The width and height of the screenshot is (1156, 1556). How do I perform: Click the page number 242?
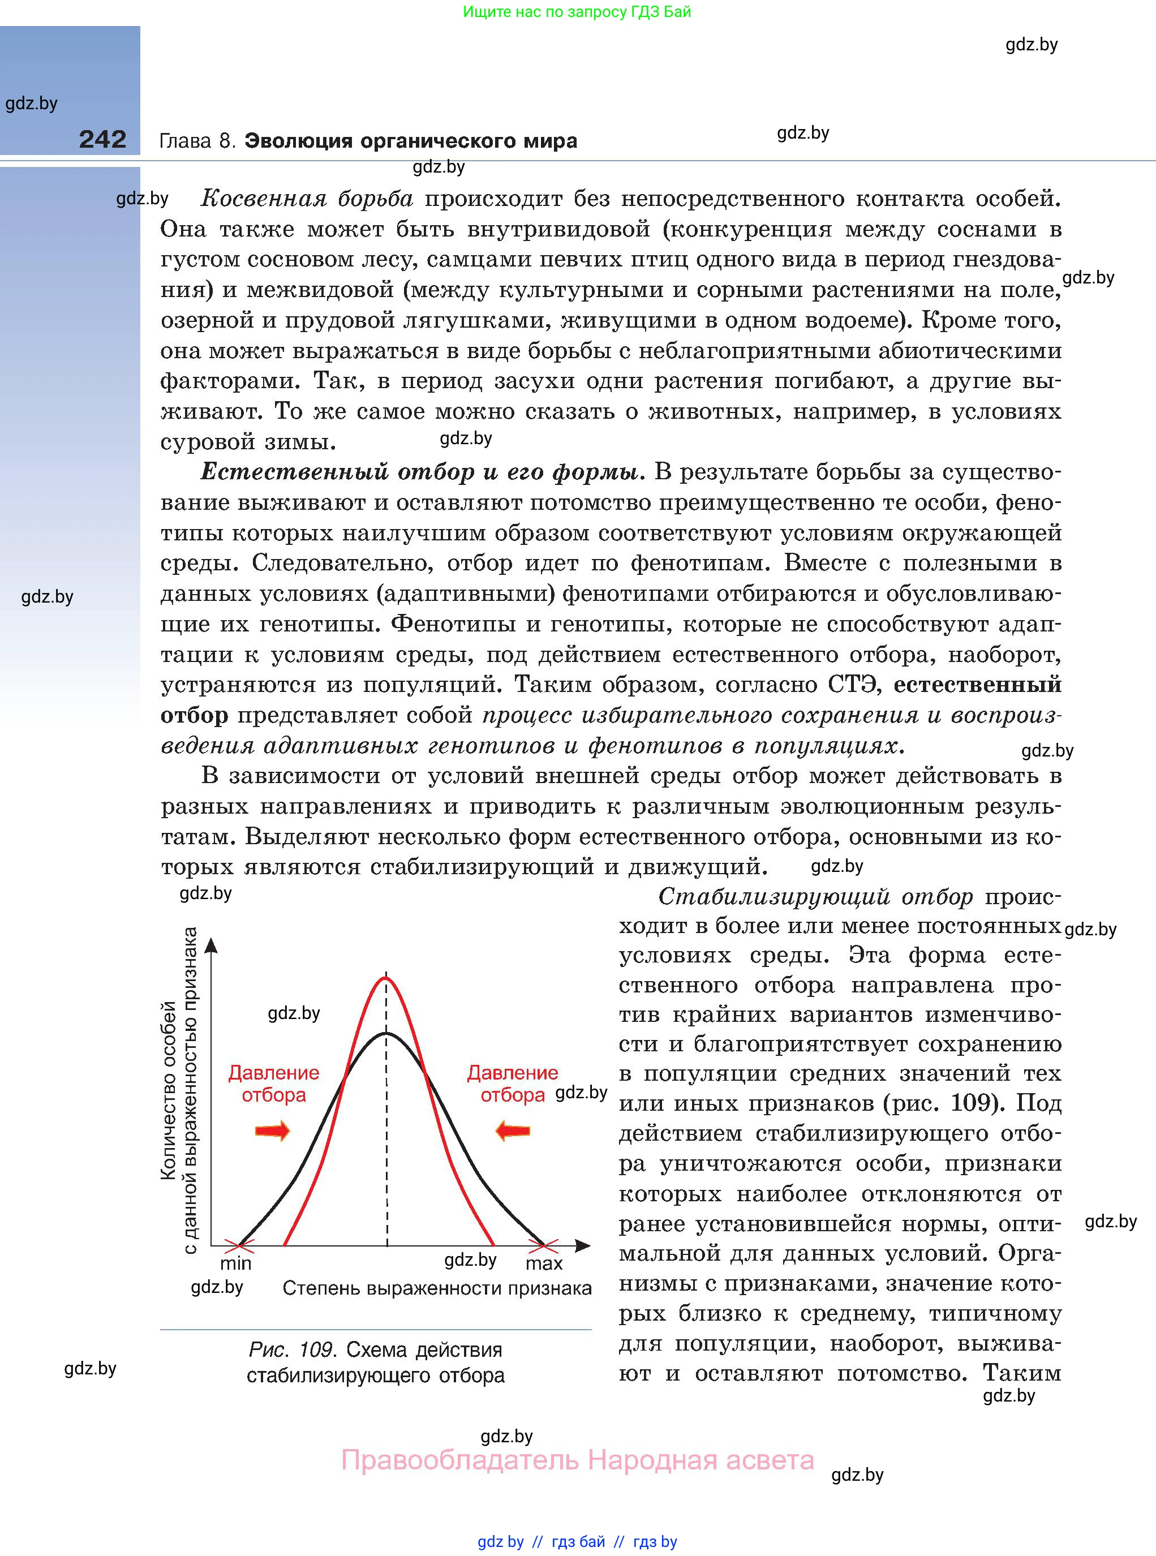(103, 139)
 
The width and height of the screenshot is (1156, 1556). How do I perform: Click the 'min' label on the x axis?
(236, 1263)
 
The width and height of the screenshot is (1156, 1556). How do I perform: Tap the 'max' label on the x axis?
(544, 1263)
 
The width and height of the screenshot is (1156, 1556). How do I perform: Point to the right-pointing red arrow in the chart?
(272, 1131)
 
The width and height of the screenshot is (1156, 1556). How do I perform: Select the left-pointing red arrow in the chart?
(513, 1131)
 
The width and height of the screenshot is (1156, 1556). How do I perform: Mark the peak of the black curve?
(386, 1033)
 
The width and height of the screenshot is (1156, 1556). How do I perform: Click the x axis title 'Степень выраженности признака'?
(437, 1288)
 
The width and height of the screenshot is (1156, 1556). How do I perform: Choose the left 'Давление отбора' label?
(274, 1084)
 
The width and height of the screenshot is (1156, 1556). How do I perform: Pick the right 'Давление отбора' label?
(512, 1084)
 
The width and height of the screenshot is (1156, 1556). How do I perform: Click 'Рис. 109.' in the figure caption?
(293, 1349)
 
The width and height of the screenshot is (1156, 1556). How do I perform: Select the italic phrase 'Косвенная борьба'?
(307, 199)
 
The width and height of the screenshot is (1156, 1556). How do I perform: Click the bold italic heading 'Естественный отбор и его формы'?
(420, 472)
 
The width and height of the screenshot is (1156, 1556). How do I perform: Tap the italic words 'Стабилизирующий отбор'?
(815, 897)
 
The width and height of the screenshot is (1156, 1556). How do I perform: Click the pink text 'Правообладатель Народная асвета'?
(577, 1460)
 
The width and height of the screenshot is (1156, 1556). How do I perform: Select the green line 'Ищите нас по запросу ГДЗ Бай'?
(577, 12)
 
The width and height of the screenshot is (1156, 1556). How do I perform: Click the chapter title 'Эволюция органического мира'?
(411, 141)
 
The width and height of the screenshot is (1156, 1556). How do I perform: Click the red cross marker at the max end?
(544, 1245)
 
